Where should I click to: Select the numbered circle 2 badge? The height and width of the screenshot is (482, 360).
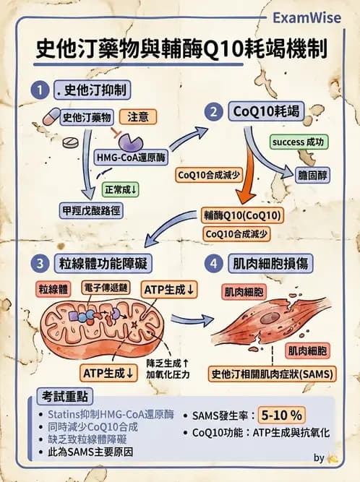[213, 111]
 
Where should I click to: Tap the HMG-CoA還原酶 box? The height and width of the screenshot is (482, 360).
[130, 157]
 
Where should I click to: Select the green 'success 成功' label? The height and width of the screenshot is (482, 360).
[297, 142]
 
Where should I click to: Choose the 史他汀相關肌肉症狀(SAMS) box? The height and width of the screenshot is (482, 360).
[269, 375]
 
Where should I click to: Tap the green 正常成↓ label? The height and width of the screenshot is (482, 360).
[121, 189]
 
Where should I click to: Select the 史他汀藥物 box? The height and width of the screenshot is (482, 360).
[87, 117]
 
